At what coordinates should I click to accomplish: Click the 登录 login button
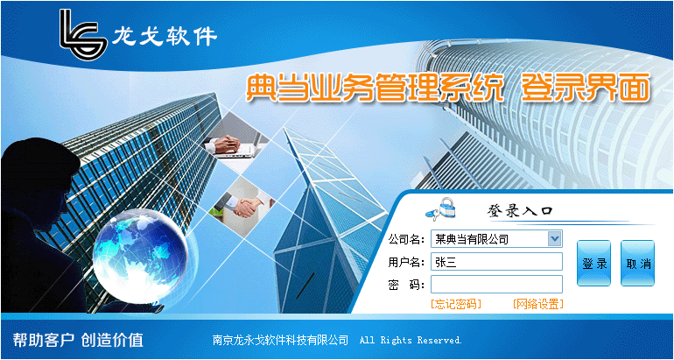pyautogui.click(x=593, y=263)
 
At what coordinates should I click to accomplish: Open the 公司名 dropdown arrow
pyautogui.click(x=554, y=238)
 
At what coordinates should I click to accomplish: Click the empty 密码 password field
pyautogui.click(x=496, y=284)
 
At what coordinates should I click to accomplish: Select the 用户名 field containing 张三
pyautogui.click(x=496, y=262)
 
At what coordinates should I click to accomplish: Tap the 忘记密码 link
pyautogui.click(x=456, y=304)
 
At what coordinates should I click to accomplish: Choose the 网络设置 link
pyautogui.click(x=537, y=304)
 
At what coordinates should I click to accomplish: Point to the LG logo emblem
pyautogui.click(x=83, y=34)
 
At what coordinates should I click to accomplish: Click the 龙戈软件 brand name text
pyautogui.click(x=165, y=37)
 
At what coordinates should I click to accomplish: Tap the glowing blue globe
pyautogui.click(x=141, y=255)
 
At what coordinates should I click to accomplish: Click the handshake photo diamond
pyautogui.click(x=242, y=206)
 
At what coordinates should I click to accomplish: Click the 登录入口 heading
pyautogui.click(x=520, y=211)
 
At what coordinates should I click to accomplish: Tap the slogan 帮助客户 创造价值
pyautogui.click(x=78, y=340)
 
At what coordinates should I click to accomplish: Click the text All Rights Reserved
pyautogui.click(x=411, y=340)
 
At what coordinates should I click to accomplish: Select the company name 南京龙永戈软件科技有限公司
pyautogui.click(x=280, y=340)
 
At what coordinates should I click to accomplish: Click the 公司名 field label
pyautogui.click(x=406, y=239)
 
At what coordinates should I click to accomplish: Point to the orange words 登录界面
pyautogui.click(x=585, y=88)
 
